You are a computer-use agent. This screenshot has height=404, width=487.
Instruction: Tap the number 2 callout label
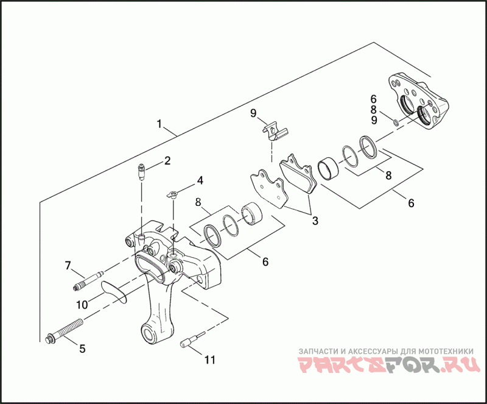[166, 161]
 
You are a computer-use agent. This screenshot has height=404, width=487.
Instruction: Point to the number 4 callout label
[199, 180]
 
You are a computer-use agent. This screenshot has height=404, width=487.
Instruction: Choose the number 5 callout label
[82, 349]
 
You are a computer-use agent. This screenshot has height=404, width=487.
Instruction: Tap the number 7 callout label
[68, 264]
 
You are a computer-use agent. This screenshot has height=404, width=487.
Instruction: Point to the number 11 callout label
[209, 360]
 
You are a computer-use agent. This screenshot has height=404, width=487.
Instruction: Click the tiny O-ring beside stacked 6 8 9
[396, 123]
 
